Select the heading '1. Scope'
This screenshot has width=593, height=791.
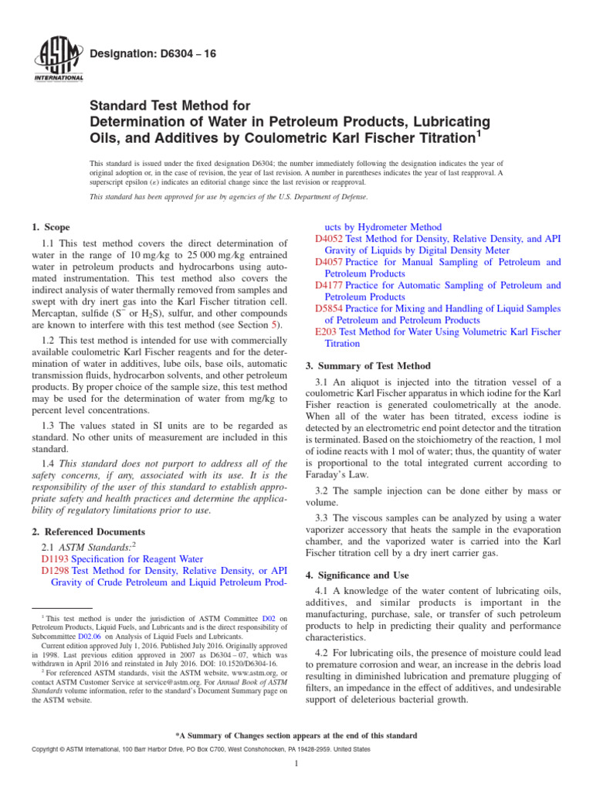[50, 228]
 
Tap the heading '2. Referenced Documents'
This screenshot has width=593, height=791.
[87, 532]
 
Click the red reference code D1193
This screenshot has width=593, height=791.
[56, 559]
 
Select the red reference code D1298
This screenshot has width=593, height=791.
[56, 571]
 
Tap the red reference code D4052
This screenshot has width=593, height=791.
[330, 239]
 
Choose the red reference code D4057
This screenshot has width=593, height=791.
[330, 263]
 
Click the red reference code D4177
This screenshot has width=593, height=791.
[330, 285]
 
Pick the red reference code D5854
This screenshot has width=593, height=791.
[330, 308]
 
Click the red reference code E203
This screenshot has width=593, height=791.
[327, 331]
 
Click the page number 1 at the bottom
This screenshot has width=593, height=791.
[296, 764]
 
